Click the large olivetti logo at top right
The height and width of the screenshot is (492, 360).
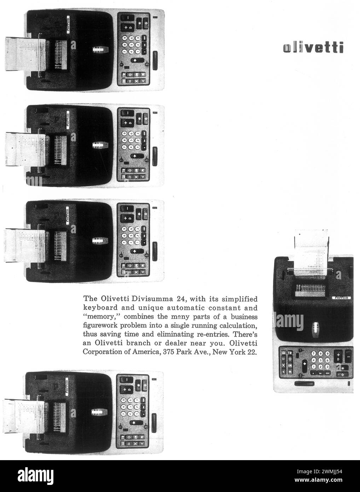(x=313, y=47)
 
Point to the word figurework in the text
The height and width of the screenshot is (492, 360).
(x=100, y=325)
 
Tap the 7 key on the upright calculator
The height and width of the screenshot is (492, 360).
(x=313, y=354)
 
